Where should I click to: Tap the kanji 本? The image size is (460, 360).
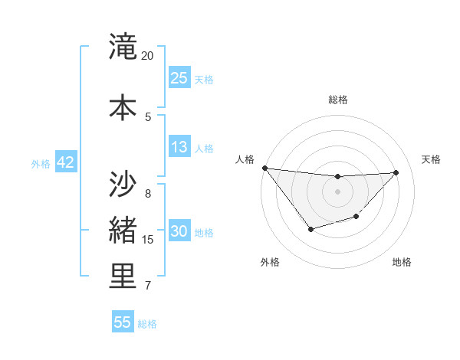point(123,107)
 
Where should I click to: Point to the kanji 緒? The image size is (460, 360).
point(123,231)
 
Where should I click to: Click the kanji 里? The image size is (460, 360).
point(123,277)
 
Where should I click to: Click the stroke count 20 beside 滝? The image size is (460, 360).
point(148,56)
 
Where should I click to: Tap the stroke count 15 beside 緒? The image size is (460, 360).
point(148,240)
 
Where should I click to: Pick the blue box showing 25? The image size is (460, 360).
point(179,78)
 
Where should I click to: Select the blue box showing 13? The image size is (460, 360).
point(179,147)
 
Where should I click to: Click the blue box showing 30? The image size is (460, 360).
point(179,231)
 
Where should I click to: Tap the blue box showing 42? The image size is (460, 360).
point(65,162)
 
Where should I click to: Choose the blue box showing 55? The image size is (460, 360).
point(123,322)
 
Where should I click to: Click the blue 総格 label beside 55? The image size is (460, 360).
point(147,324)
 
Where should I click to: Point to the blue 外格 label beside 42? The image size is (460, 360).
point(41,164)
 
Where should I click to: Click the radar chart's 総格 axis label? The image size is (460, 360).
point(337,100)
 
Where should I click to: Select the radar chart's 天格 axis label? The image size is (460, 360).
point(432,159)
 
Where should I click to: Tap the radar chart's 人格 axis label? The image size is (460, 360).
point(245,159)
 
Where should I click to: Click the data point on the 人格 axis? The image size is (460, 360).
point(264,168)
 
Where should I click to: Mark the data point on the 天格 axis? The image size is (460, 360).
point(396,172)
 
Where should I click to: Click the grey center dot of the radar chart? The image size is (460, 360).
point(337,191)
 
